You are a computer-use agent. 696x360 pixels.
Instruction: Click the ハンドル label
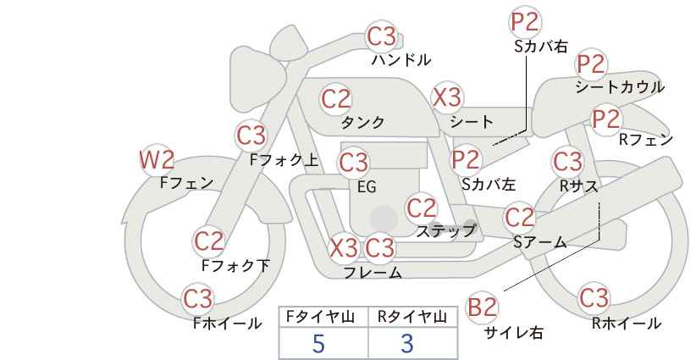401,60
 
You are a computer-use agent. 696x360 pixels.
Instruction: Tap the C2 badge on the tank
336,99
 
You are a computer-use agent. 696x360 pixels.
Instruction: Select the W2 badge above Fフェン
157,160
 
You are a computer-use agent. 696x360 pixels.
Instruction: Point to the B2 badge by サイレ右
482,307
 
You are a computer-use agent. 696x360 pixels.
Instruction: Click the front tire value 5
318,343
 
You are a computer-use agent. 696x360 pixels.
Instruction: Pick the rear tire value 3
407,343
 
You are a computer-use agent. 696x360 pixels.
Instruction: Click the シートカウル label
620,87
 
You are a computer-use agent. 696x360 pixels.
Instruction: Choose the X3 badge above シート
447,97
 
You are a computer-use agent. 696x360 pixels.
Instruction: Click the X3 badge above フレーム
345,247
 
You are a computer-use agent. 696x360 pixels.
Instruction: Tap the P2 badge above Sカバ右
525,22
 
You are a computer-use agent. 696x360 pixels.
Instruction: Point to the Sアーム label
540,242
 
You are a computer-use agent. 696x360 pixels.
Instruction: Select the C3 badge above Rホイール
594,297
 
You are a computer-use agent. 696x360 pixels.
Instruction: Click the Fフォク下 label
235,265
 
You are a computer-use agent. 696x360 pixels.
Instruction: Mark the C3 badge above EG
353,163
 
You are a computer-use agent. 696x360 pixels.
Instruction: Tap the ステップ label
445,231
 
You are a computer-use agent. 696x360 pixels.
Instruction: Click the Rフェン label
646,140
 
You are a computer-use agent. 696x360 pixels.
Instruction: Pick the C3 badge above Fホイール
198,299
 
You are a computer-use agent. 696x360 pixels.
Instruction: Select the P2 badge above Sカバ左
466,159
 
